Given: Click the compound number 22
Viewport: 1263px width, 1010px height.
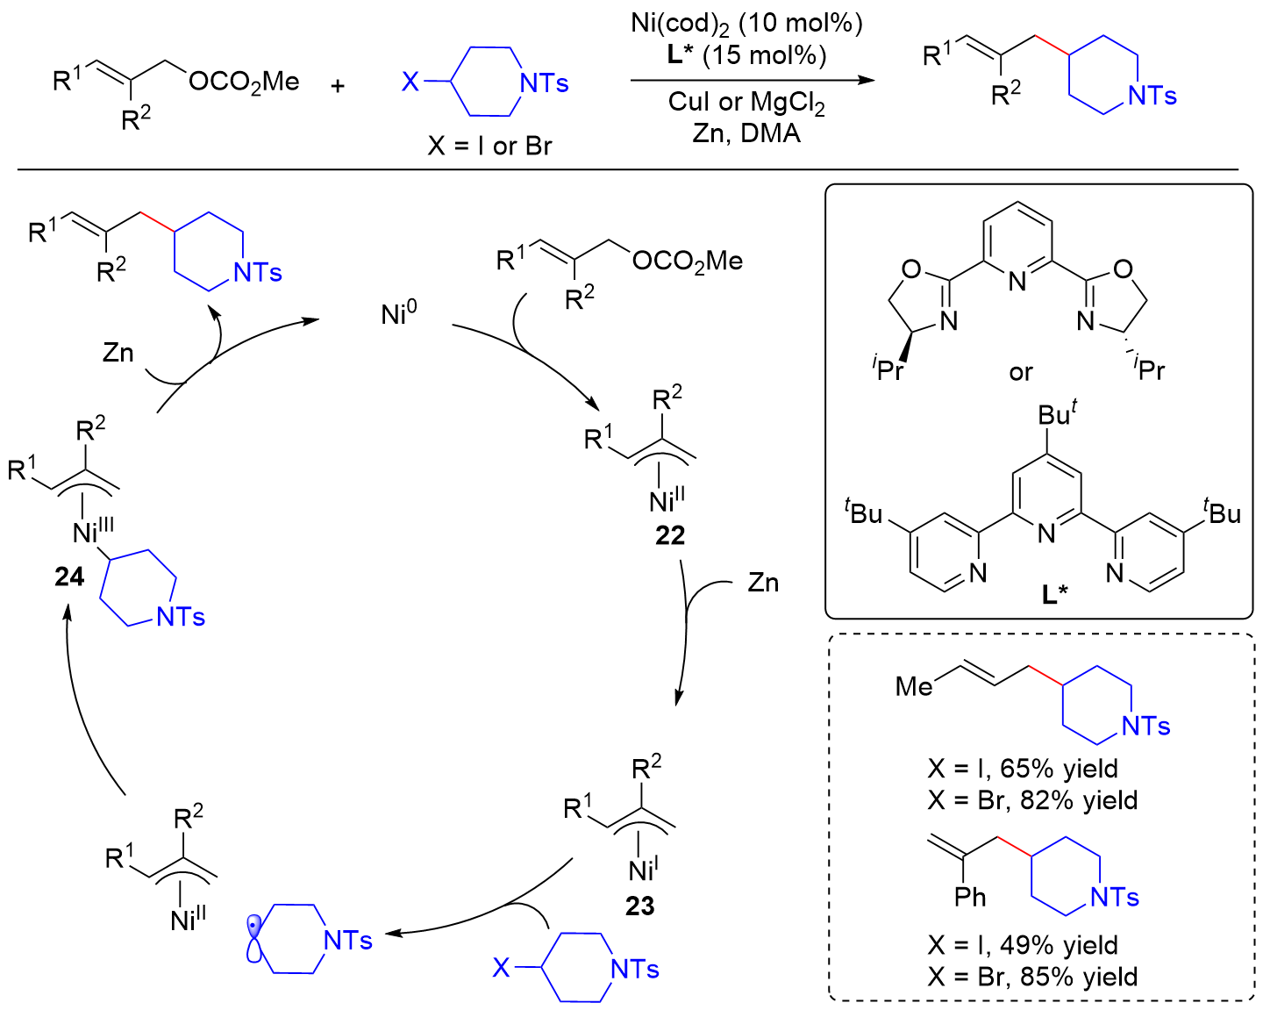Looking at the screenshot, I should [x=669, y=535].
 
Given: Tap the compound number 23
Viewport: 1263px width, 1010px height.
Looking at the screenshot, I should [x=639, y=906].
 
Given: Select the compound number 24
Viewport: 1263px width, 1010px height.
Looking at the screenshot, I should [x=69, y=577].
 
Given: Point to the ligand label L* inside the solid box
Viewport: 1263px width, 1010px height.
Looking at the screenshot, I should [x=1054, y=594].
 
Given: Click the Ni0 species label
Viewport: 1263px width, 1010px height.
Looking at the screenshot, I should [x=399, y=313].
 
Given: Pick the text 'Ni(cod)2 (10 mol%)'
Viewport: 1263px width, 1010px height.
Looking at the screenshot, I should [x=746, y=24].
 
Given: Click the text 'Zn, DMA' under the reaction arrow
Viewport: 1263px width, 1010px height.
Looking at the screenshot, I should [x=746, y=133].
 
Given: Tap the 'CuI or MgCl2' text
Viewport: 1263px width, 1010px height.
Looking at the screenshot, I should [x=746, y=102].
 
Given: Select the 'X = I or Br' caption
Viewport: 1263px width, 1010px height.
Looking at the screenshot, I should [x=489, y=146].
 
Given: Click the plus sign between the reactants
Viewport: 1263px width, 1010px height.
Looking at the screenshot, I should [x=338, y=86].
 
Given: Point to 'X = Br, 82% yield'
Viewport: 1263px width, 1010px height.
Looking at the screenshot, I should [x=1032, y=800].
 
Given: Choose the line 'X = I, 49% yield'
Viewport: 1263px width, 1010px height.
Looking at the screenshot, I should [x=1023, y=945].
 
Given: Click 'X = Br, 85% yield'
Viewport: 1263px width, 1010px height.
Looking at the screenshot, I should [x=1032, y=977].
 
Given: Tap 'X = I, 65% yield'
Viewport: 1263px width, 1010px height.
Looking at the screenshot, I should [x=1023, y=769].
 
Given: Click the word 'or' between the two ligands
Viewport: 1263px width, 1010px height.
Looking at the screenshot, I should [x=1021, y=372].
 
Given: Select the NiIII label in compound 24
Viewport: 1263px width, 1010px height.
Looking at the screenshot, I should [x=93, y=531].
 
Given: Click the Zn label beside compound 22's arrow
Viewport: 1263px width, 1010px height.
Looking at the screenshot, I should [x=762, y=583].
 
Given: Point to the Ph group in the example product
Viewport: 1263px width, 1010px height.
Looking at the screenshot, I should [x=970, y=897].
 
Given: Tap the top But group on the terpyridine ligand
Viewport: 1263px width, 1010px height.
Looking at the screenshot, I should [x=1057, y=413].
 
